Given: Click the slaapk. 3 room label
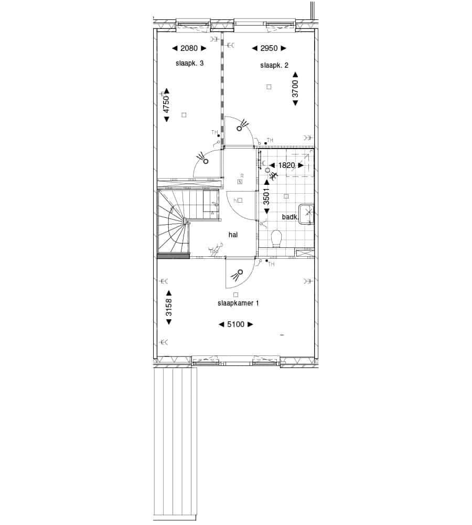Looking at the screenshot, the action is pos(189,63).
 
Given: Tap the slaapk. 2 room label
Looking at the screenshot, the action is pos(274,65).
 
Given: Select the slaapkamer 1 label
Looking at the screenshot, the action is pos(238,303).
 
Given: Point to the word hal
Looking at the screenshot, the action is pos(233,235).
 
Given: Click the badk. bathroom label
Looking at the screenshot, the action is pos(290,217).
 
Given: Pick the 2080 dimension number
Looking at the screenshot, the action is pos(189,48).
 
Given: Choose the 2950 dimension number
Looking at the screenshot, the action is pos(269,48).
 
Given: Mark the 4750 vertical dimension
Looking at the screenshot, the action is pos(166,104).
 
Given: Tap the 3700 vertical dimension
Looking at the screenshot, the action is pos(295,88).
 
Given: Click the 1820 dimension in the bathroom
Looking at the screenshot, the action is pos(286,165).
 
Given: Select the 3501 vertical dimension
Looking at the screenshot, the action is pos(266,196).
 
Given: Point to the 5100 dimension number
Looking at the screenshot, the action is pos(236,324).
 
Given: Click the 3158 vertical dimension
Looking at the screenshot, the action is pos(168,307).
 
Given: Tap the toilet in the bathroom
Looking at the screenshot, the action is pos(276,239).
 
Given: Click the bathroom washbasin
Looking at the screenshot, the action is pos(307,214).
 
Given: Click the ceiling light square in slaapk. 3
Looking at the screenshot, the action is pos(184,115).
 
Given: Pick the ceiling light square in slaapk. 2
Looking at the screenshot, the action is pos(269,87).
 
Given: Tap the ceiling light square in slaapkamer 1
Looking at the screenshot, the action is pos(236,295).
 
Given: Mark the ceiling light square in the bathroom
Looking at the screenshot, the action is pos(286,196).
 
